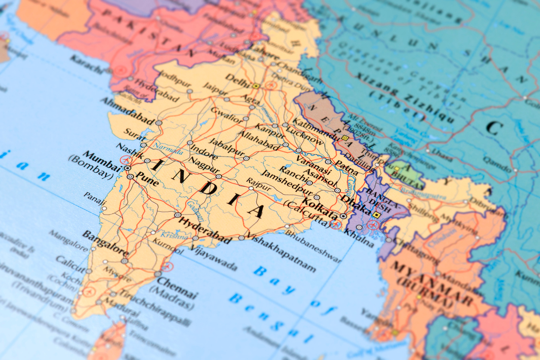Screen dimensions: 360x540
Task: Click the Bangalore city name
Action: pyautogui.click(x=105, y=242)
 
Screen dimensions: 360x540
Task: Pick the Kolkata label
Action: pyautogui.click(x=320, y=208)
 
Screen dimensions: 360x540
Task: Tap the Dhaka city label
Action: pyautogui.click(x=356, y=205)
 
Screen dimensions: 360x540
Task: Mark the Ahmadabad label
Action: pyautogui.click(x=127, y=110)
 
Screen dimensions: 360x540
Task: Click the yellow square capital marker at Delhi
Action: pyautogui.click(x=256, y=86)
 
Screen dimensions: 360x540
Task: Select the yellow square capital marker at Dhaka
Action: pyautogui.click(x=377, y=214)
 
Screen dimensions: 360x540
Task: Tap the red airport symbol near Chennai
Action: pyautogui.click(x=167, y=267)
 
